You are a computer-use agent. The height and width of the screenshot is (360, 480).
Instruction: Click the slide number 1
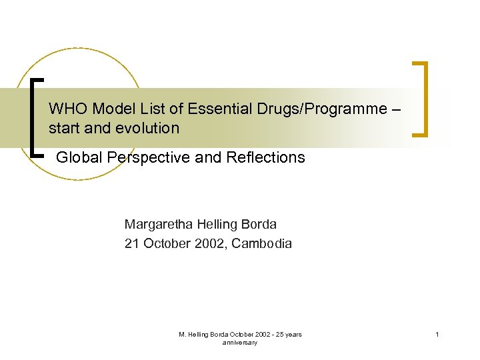[x=437, y=335]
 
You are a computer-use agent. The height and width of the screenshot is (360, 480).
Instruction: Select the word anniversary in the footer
[x=240, y=343]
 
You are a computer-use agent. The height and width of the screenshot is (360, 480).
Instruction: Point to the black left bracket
[x=35, y=117]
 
